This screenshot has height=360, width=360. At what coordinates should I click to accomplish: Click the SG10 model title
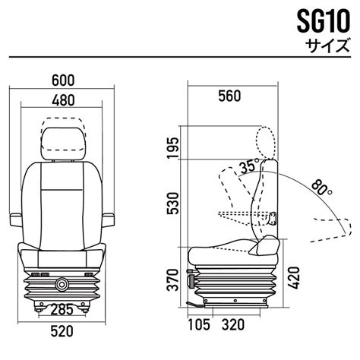coord(324,22)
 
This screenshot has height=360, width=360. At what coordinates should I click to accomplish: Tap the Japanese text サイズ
coord(327,45)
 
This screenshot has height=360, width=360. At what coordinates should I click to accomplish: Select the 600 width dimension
coord(63,81)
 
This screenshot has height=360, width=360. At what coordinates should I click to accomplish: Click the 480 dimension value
coord(63,100)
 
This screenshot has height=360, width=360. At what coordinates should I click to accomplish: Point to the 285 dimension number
coord(62,309)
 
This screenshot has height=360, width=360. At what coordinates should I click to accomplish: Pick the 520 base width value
coord(62,331)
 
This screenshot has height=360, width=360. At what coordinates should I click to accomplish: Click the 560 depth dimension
coord(229,96)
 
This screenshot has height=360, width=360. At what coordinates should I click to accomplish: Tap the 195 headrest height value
coord(174,148)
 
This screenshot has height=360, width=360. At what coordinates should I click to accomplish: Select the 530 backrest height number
coord(174,203)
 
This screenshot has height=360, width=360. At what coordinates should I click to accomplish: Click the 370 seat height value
coord(174,279)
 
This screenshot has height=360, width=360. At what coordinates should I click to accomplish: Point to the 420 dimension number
coord(294,278)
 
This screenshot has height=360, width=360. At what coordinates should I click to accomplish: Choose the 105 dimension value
coord(199,324)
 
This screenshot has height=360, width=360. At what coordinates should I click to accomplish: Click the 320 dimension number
coord(233,324)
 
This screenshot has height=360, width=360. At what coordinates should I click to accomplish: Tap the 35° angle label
coord(249,166)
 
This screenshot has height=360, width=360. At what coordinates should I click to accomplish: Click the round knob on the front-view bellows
coord(62,284)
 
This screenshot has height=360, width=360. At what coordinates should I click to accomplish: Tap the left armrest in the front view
coord(16,220)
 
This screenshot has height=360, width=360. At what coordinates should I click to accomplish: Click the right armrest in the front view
coord(109,220)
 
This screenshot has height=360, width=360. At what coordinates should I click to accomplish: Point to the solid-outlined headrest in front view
coord(63,144)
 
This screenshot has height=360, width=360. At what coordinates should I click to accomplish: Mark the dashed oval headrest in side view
coord(265,143)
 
